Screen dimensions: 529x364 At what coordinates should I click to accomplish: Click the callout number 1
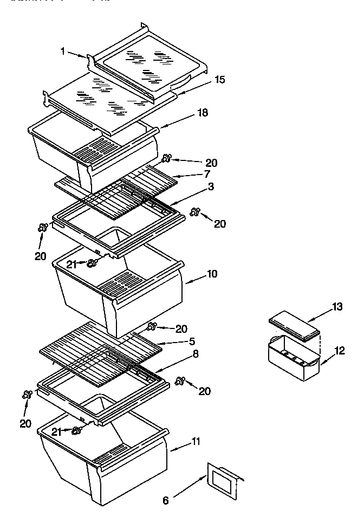click(x=63, y=51)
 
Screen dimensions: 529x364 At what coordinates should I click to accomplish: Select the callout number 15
click(x=219, y=80)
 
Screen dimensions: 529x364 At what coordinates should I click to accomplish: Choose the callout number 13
click(x=337, y=307)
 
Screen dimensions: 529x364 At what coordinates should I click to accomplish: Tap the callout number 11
click(x=195, y=441)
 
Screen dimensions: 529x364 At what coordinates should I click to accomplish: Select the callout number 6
click(x=165, y=500)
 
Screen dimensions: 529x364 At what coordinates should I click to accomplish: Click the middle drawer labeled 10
click(x=119, y=293)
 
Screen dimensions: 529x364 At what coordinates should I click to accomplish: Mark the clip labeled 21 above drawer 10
click(x=92, y=263)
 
